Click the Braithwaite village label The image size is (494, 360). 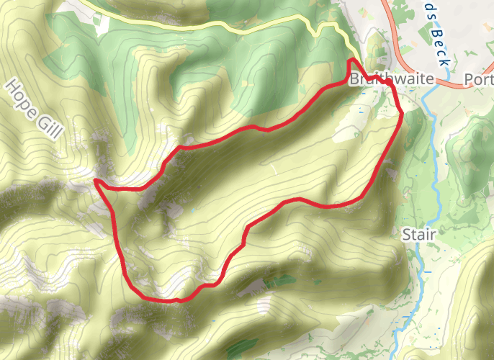392,80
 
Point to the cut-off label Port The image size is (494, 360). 478,80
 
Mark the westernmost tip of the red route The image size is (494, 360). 96,180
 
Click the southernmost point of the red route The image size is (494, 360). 173,300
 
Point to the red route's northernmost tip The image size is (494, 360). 351,59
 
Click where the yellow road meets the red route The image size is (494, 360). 351,59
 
